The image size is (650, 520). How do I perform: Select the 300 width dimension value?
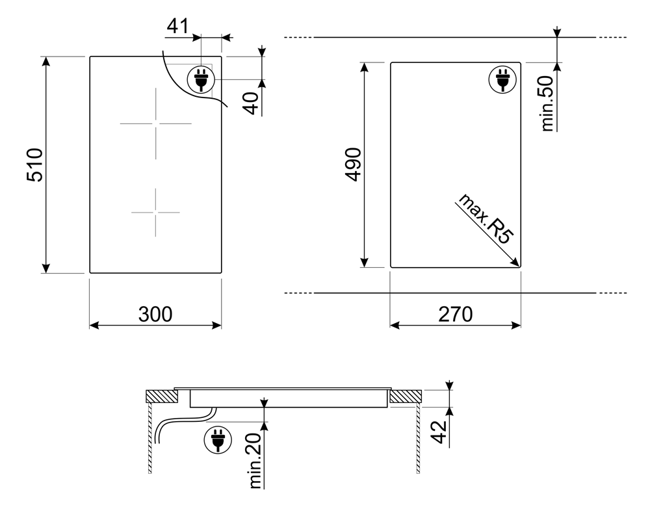click(x=155, y=315)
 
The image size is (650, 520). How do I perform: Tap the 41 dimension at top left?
click(x=177, y=26)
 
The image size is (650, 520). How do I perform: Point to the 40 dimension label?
click(x=251, y=103)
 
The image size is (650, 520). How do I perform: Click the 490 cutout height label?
click(x=354, y=164)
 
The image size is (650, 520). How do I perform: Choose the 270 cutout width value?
click(x=455, y=315)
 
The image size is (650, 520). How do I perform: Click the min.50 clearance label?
click(x=547, y=103)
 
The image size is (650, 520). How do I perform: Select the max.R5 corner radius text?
click(x=485, y=219)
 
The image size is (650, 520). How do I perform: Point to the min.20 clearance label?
click(x=255, y=460)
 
